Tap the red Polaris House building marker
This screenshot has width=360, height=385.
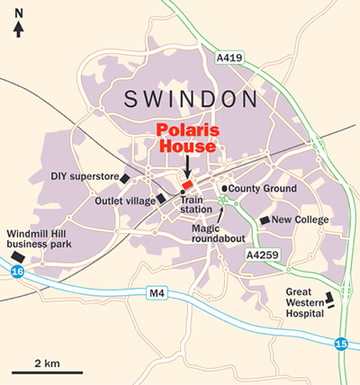(188, 184)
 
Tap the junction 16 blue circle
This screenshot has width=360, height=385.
(17, 270)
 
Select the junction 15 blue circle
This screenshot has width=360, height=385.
(340, 344)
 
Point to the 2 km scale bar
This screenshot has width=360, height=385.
(47, 372)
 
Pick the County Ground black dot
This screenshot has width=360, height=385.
(224, 189)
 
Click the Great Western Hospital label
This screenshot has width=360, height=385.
(304, 303)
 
